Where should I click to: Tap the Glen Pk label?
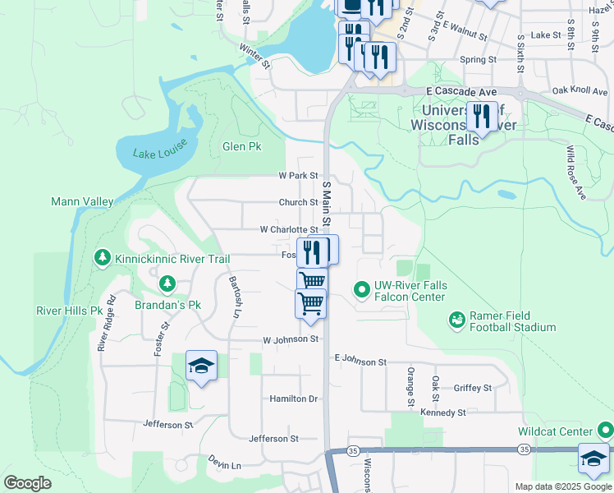click(x=241, y=146)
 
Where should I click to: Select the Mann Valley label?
click(x=82, y=201)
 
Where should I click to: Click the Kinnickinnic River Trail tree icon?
click(x=103, y=259)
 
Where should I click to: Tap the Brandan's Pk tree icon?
click(x=167, y=283)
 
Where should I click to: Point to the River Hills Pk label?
click(x=69, y=311)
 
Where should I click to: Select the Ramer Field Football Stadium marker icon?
click(x=457, y=318)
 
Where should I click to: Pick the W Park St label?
click(x=298, y=175)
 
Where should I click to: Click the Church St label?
click(x=298, y=202)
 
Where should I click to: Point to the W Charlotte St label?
click(x=289, y=230)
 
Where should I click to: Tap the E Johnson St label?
click(x=360, y=362)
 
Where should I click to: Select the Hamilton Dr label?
click(x=294, y=399)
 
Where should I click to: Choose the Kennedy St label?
click(x=442, y=412)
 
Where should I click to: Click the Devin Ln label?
click(x=225, y=464)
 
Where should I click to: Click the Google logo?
click(x=27, y=483)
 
